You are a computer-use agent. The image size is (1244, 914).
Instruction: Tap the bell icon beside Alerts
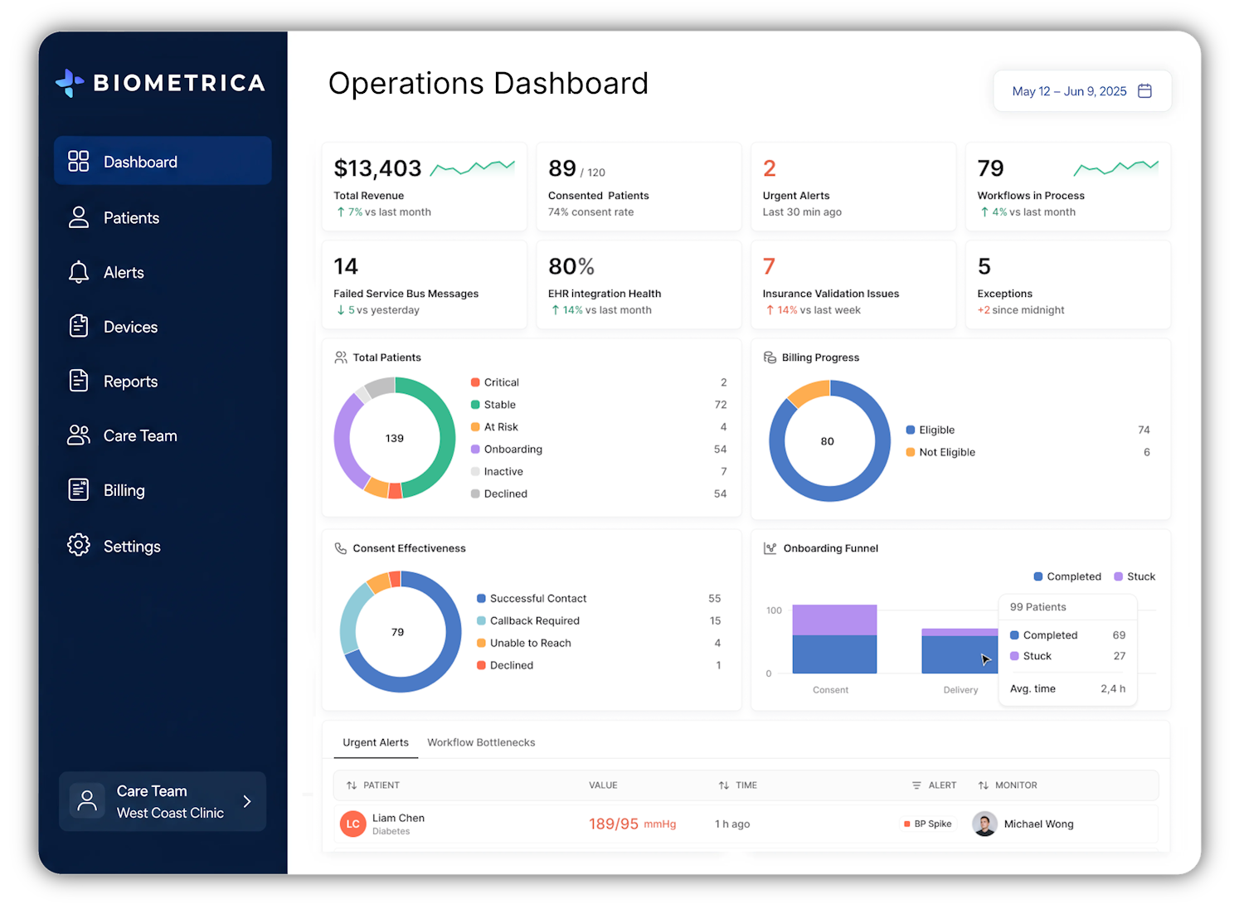tap(78, 272)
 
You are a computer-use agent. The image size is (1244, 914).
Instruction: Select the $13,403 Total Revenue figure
tap(377, 168)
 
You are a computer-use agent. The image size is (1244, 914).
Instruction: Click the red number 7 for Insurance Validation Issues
tap(769, 266)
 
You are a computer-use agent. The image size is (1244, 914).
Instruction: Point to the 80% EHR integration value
tap(571, 266)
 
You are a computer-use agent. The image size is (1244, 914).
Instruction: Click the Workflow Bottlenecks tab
tap(481, 742)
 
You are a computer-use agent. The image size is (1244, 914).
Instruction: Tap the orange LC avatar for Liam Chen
tap(352, 824)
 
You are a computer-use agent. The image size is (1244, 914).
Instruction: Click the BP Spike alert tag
tap(928, 824)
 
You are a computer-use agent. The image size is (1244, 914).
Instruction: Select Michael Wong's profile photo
tap(984, 824)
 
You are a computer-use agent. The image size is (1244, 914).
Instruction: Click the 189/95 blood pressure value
tap(614, 824)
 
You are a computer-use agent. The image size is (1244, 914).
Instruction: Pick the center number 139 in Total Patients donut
tap(394, 438)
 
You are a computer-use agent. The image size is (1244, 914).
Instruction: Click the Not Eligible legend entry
tap(940, 452)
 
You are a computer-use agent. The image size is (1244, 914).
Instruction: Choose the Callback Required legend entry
tap(528, 620)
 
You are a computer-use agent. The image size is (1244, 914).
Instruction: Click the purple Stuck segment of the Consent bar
tap(834, 620)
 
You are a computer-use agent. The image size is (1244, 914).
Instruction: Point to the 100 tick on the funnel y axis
tap(774, 610)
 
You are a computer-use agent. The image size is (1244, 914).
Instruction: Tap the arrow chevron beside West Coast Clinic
tap(247, 801)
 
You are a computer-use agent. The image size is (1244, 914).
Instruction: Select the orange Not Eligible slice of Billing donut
tap(808, 392)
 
